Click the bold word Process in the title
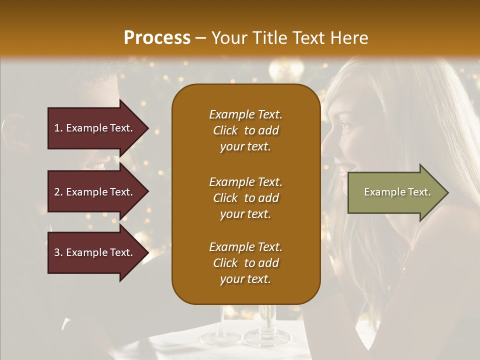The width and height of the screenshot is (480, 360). coord(157,38)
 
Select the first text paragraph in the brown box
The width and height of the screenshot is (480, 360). coord(245,130)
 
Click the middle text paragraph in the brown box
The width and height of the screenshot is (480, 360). coord(245,198)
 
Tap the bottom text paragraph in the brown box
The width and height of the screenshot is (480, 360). coord(245,263)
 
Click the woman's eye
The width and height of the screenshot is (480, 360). coord(346,124)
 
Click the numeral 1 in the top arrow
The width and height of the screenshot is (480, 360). coord(57,128)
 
